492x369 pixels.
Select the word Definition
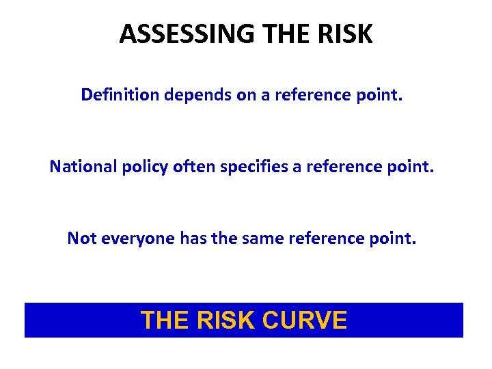pos(120,94)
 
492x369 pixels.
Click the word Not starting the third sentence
pos(80,238)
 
